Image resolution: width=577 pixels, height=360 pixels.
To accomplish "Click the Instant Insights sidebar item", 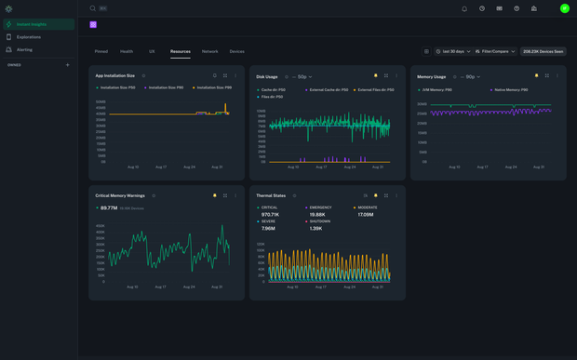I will (31, 24).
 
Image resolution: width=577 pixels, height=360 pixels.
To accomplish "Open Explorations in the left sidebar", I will (28, 37).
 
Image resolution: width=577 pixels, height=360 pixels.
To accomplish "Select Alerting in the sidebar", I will (24, 49).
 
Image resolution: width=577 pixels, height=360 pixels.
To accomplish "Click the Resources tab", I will (180, 52).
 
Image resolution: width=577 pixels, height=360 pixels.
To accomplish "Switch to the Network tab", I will (209, 52).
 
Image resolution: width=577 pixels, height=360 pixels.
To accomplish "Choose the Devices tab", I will (236, 52).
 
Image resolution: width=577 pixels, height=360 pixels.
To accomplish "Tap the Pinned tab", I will (101, 52).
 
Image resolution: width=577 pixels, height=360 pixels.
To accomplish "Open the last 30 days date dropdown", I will (453, 52).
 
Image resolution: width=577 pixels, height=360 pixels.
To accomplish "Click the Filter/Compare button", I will (495, 52).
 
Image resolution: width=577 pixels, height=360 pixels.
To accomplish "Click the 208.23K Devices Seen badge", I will (543, 52).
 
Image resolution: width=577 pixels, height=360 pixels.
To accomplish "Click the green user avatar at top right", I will (564, 8).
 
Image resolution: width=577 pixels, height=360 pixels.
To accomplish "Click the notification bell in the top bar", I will (464, 8).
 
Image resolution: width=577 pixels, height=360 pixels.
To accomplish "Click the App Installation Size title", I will (114, 76).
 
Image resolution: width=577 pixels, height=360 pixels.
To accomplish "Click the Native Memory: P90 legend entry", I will (510, 90).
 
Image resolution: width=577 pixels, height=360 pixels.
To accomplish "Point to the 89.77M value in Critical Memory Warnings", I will (108, 208).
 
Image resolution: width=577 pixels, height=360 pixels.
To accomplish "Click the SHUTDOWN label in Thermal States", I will (321, 221).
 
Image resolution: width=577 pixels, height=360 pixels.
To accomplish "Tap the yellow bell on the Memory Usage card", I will (536, 76).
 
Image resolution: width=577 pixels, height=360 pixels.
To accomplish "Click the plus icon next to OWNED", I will (67, 65).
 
